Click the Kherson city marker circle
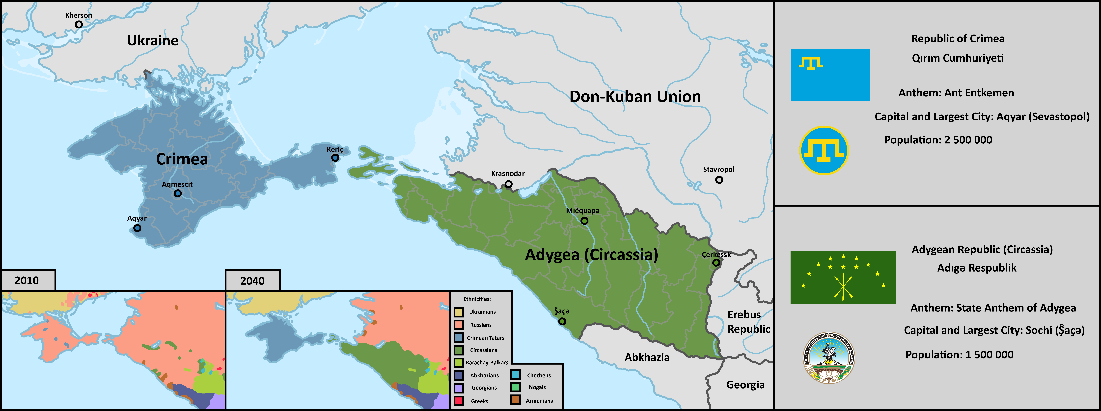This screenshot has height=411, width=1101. point(79,24)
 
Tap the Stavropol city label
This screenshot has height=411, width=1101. point(718,169)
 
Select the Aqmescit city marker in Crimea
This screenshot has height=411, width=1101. point(177,193)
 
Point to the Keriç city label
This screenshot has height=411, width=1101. point(335,149)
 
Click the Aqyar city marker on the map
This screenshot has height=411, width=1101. point(137,228)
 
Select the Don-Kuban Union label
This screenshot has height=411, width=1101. point(635,97)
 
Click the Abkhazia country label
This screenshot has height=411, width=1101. point(647,357)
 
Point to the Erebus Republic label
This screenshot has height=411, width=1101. point(748,322)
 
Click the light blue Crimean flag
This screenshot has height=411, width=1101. point(830,75)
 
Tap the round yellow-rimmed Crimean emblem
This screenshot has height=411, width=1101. point(824,150)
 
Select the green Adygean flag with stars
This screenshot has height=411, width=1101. point(843,277)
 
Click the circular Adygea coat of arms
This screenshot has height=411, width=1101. point(829,358)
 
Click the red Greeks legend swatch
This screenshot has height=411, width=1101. point(459,401)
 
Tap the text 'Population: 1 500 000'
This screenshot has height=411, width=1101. point(959,355)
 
